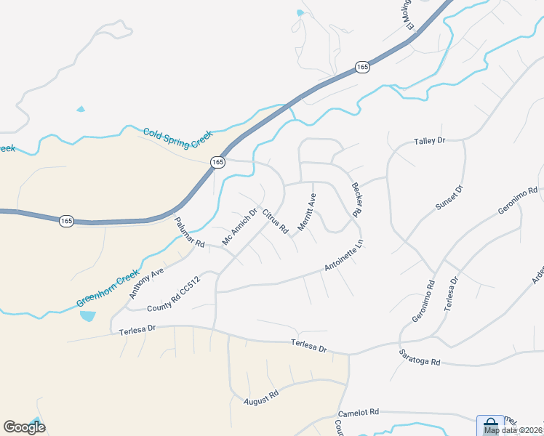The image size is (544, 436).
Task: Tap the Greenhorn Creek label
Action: pyautogui.click(x=108, y=288)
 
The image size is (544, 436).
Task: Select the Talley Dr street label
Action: pyautogui.click(x=429, y=141)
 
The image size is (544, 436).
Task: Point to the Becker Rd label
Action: pyautogui.click(x=357, y=200)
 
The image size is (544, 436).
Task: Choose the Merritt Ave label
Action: pyautogui.click(x=307, y=213)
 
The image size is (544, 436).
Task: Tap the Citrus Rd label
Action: pyautogui.click(x=276, y=222)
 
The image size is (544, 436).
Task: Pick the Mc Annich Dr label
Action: pyautogui.click(x=240, y=227)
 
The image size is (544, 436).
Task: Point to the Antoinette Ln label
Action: pyautogui.click(x=343, y=257)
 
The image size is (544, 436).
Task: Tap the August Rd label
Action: pyautogui.click(x=261, y=397)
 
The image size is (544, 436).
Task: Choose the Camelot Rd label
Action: pyautogui.click(x=359, y=412)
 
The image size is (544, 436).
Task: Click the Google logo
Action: pyautogui.click(x=24, y=427)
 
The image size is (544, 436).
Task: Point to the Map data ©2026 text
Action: pyautogui.click(x=513, y=430)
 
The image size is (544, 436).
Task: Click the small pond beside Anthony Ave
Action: pyautogui.click(x=88, y=316)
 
